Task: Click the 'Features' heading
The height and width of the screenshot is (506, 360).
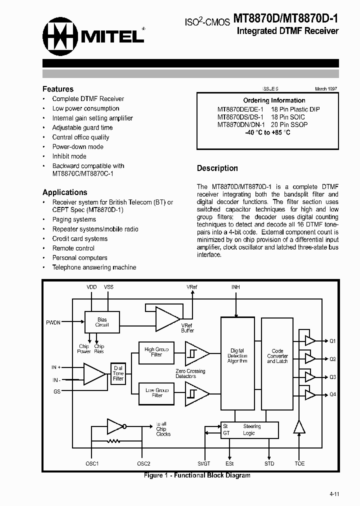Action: click(x=58, y=89)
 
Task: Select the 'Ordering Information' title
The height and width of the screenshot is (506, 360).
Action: click(x=274, y=100)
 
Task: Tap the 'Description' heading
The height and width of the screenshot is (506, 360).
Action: click(x=217, y=168)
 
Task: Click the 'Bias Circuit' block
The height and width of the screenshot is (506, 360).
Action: click(x=102, y=322)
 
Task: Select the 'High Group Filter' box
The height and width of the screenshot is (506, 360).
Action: click(x=156, y=352)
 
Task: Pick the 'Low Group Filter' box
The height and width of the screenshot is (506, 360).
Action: click(x=157, y=392)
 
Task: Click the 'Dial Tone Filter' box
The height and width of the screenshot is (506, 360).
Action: click(x=118, y=373)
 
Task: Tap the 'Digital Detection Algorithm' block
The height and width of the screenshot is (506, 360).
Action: click(x=237, y=356)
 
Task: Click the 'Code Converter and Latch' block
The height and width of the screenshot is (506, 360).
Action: click(x=277, y=356)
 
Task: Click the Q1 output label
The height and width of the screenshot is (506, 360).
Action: click(x=333, y=341)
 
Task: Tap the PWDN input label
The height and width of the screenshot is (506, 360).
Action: click(x=53, y=322)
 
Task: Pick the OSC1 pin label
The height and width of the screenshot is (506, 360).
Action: click(x=92, y=463)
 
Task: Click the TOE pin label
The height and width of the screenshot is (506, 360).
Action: click(x=299, y=463)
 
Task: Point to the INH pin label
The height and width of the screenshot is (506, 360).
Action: click(x=235, y=287)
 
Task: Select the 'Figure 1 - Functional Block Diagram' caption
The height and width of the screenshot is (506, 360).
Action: click(x=197, y=475)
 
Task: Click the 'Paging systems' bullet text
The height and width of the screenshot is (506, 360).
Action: click(x=74, y=219)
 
